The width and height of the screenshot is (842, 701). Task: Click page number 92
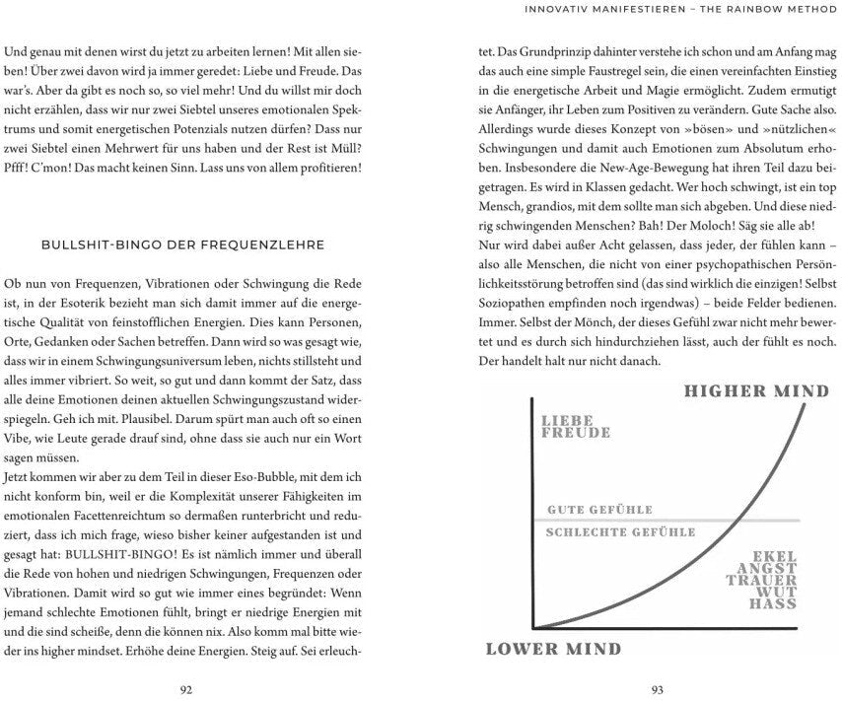pos(185,689)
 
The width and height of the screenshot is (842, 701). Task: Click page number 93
pos(656,689)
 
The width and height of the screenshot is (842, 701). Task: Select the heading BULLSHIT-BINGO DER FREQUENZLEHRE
pos(184,245)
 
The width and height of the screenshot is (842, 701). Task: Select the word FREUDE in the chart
pos(576,433)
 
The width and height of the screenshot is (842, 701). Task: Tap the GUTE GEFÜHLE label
pos(599,510)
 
